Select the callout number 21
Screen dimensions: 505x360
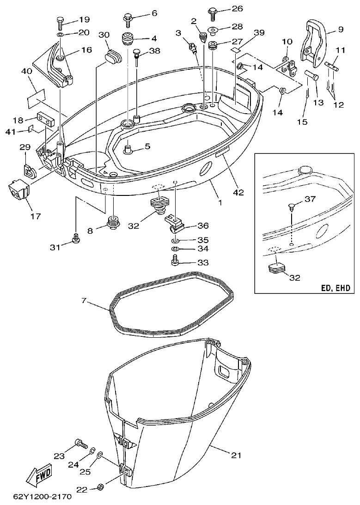pyautogui.click(x=236, y=456)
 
